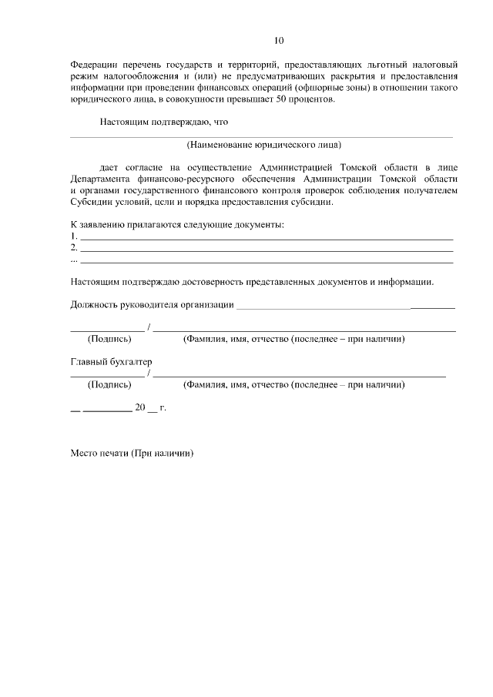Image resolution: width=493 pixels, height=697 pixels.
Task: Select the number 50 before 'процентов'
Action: pyautogui.click(x=285, y=100)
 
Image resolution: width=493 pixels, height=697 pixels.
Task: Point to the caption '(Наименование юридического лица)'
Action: pyautogui.click(x=263, y=145)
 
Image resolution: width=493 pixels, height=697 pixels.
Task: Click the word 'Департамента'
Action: pyautogui.click(x=101, y=179)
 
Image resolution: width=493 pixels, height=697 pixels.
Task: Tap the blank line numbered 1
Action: pyautogui.click(x=267, y=236)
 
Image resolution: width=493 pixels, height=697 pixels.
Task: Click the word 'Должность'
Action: pyautogui.click(x=91, y=305)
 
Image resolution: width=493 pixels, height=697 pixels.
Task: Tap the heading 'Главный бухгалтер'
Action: pyautogui.click(x=111, y=361)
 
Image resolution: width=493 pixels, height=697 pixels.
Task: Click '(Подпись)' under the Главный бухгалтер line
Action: pyautogui.click(x=109, y=384)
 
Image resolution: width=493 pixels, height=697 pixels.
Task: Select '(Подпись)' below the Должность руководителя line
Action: pyautogui.click(x=109, y=339)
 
